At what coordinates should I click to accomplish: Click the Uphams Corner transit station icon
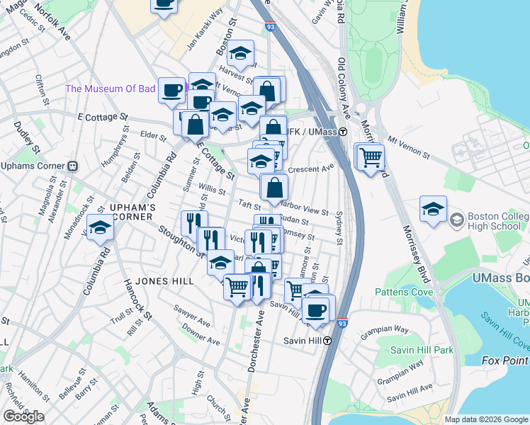coord(72,166)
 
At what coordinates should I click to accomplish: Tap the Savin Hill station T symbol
coord(328,341)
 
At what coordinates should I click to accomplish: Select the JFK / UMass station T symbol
coord(342,132)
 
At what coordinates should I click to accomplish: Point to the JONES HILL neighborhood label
coord(164,281)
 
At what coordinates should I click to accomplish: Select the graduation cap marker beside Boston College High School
coord(433,210)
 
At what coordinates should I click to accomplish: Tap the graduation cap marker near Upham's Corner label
coord(100,227)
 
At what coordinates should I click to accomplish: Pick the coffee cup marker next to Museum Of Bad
coord(171,90)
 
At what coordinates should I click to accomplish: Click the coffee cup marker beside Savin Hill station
coord(315,310)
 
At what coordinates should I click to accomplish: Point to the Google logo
coord(23,416)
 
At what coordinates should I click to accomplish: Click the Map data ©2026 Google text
coord(486,419)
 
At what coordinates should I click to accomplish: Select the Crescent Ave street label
coord(312,169)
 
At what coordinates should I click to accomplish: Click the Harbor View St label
coord(304,208)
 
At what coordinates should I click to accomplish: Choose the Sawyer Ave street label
coord(191,316)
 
